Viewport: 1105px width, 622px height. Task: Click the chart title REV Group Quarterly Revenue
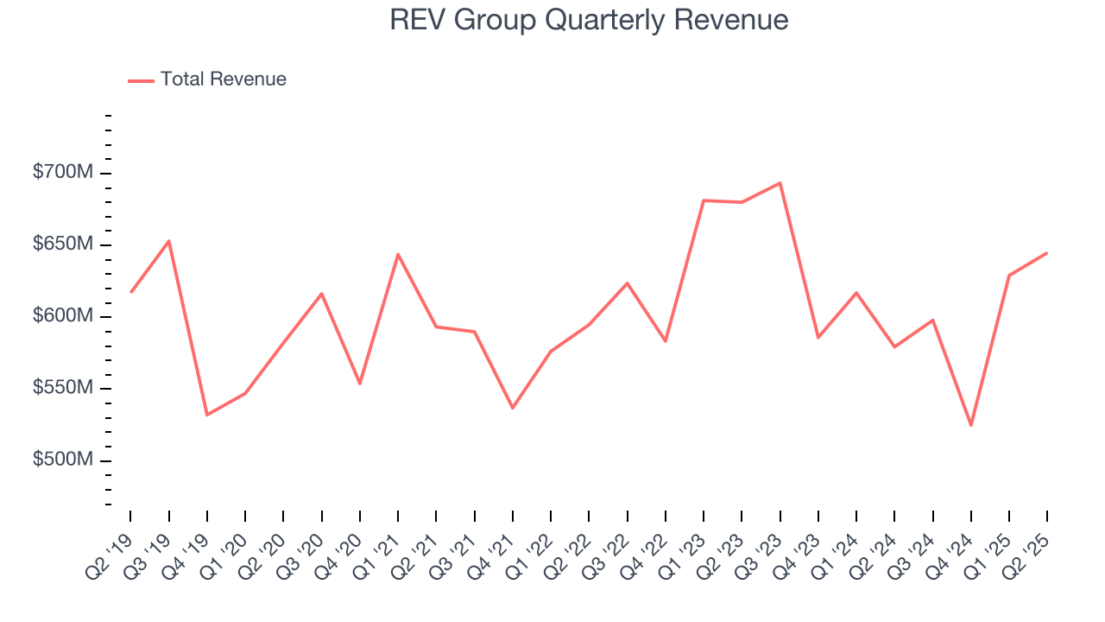[x=589, y=20]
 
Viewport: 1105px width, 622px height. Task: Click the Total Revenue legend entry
[x=223, y=79]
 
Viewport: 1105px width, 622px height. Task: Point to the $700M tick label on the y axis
[x=62, y=173]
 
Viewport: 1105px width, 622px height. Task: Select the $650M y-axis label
[x=62, y=244]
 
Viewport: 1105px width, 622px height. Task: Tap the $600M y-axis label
[x=62, y=316]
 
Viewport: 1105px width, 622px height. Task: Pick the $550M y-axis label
[x=62, y=388]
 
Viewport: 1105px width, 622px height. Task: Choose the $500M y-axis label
[x=62, y=460]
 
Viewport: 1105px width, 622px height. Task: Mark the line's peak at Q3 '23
[x=780, y=183]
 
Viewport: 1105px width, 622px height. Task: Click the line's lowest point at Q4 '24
[x=970, y=425]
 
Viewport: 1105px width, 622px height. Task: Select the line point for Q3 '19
[x=169, y=241]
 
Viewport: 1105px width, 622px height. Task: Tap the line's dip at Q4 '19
[x=207, y=415]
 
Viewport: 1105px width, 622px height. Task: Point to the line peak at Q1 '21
[x=398, y=254]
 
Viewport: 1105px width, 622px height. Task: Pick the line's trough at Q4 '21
[x=513, y=408]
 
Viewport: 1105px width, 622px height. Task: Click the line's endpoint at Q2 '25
[x=1046, y=253]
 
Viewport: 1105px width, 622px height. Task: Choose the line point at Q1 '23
[x=704, y=200]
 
